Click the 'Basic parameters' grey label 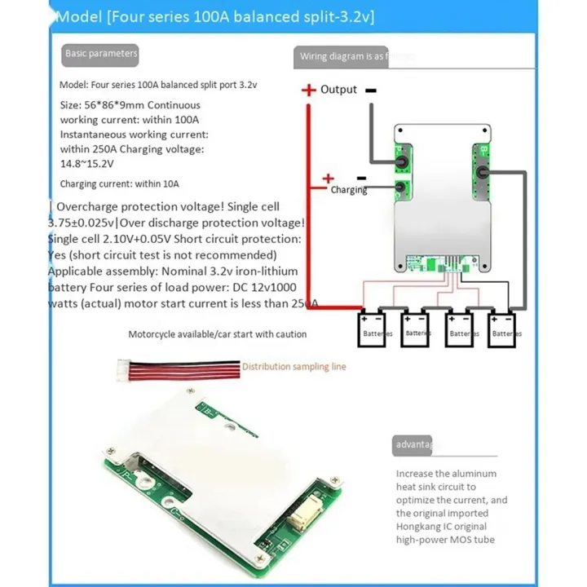[x=101, y=54]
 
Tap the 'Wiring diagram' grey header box [x=354, y=56]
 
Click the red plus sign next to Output [x=308, y=90]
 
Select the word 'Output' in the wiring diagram [x=338, y=90]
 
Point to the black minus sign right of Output [x=370, y=90]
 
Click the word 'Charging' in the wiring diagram [x=348, y=190]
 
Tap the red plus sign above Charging [x=329, y=178]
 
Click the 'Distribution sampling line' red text [x=293, y=367]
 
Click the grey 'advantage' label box [x=413, y=445]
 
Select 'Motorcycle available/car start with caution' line [x=217, y=334]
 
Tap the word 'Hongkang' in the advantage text [x=421, y=527]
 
